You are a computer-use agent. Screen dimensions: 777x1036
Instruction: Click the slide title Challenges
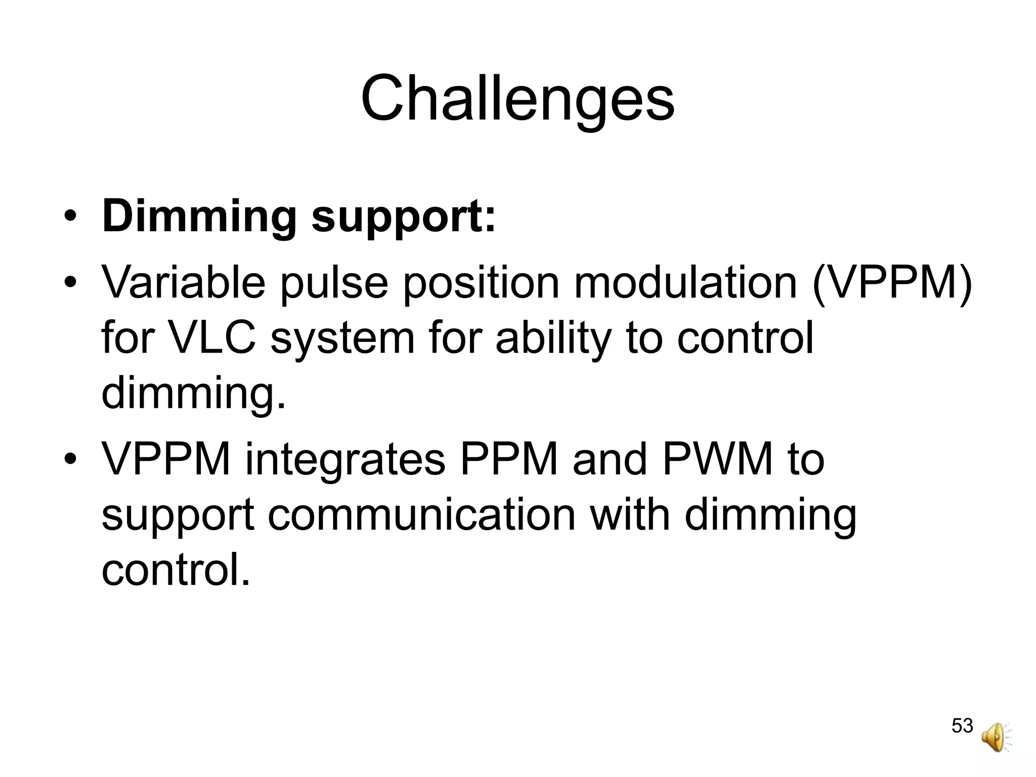(517, 99)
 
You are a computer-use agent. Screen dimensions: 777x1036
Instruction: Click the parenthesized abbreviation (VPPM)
(892, 283)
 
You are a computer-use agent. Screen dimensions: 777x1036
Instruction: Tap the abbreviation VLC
(213, 338)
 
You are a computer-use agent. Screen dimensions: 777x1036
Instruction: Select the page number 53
(962, 725)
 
